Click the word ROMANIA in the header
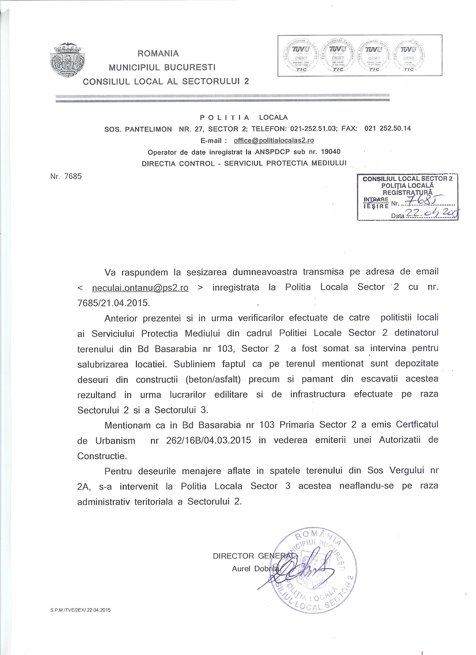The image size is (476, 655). [158, 54]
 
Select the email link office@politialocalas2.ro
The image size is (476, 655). [274, 141]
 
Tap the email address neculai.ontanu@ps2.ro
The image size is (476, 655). [140, 288]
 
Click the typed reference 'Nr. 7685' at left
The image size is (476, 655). [66, 176]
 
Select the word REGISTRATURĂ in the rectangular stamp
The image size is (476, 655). [407, 192]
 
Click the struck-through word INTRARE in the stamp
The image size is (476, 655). [376, 199]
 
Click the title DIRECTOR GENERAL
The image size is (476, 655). [254, 556]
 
